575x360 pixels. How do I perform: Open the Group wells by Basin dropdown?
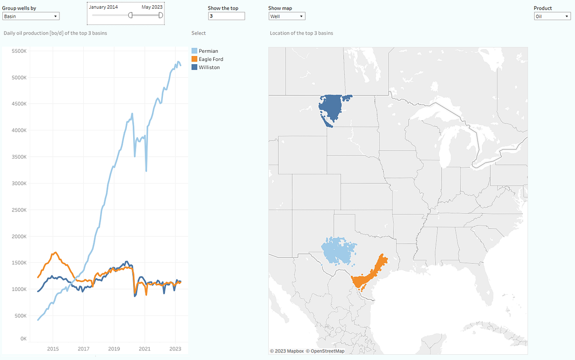pyautogui.click(x=31, y=16)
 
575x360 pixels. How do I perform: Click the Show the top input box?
pyautogui.click(x=227, y=16)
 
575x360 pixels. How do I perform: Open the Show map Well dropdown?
pyautogui.click(x=287, y=16)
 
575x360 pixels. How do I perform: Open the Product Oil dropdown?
pyautogui.click(x=552, y=16)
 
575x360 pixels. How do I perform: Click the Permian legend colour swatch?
pyautogui.click(x=194, y=51)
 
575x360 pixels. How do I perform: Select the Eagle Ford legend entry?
pyautogui.click(x=211, y=59)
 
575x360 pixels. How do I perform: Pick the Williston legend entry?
pyautogui.click(x=209, y=68)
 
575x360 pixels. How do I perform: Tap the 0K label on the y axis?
pyautogui.click(x=23, y=339)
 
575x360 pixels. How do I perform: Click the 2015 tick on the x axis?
pyautogui.click(x=53, y=348)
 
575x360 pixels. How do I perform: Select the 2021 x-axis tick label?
pyautogui.click(x=145, y=348)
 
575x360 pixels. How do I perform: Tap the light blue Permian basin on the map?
pyautogui.click(x=339, y=251)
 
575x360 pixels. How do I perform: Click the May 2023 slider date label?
pyautogui.click(x=152, y=7)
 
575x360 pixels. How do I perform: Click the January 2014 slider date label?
pyautogui.click(x=103, y=7)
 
